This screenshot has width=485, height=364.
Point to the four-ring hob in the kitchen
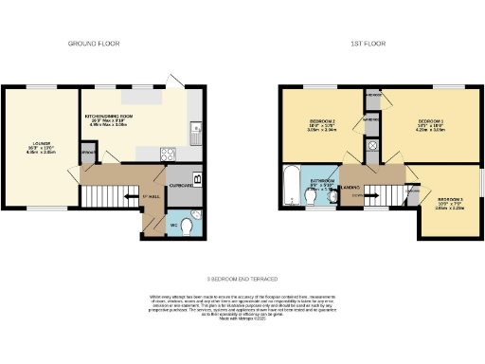pyautogui.click(x=168, y=153)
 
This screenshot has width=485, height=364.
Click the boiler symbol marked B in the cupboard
pyautogui.click(x=196, y=177)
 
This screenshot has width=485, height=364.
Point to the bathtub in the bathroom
pyautogui.click(x=291, y=185)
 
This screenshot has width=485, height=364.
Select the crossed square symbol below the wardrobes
pyautogui.click(x=372, y=146)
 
